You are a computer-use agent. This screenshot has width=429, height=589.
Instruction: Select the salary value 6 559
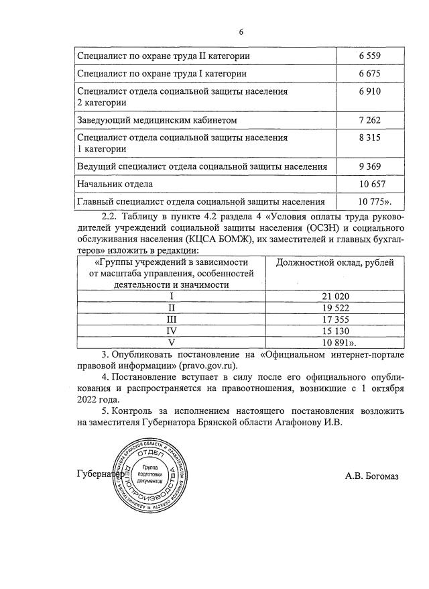tap(373, 56)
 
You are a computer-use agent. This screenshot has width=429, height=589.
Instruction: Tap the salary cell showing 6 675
tap(373, 73)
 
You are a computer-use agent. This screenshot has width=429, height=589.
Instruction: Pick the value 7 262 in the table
tap(373, 120)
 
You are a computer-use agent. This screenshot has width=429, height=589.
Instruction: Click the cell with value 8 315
tap(373, 138)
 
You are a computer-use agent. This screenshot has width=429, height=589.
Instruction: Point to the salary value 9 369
tap(373, 166)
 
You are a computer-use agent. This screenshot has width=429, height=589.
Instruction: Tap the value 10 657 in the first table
tap(373, 184)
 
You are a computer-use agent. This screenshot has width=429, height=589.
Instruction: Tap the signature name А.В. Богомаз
tap(371, 476)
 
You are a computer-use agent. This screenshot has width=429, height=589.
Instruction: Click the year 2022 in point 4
tap(88, 399)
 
